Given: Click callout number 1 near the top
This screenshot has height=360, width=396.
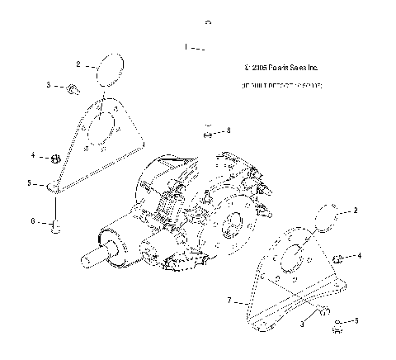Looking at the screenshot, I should click(186, 46).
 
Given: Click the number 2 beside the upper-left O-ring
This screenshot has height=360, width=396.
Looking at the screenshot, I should click(78, 64).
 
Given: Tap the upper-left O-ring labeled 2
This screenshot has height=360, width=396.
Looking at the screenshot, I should click(109, 69).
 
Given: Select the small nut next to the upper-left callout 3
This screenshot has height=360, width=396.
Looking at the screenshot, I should click(72, 88).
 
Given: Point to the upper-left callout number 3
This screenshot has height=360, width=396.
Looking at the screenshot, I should click(49, 85).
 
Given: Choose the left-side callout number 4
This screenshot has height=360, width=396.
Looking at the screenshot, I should click(33, 154).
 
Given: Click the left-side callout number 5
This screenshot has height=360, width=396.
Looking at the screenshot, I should click(30, 182).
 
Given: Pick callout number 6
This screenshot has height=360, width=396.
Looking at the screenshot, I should click(33, 221).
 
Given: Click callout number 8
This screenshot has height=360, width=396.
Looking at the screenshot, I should click(229, 130).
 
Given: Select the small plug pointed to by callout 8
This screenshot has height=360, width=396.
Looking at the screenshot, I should click(209, 130).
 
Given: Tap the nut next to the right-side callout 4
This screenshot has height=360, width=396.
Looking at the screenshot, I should click(337, 259).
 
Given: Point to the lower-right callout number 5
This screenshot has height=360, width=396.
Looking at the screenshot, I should click(356, 321).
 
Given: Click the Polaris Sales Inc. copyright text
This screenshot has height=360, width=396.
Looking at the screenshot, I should click(276, 67).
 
